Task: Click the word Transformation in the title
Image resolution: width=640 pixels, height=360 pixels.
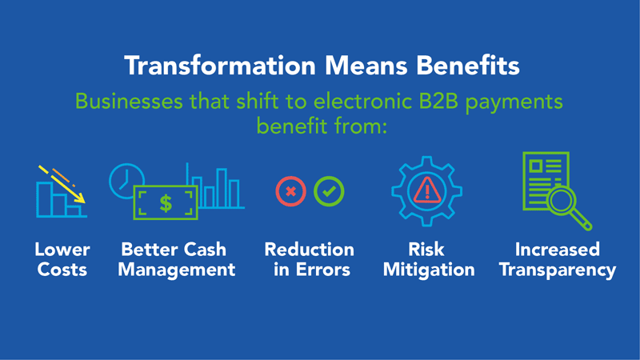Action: [221, 66]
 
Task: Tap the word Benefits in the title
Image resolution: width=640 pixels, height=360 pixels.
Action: [468, 66]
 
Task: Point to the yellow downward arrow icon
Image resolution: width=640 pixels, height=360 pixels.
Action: [62, 184]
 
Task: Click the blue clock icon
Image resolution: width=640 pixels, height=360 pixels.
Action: [126, 181]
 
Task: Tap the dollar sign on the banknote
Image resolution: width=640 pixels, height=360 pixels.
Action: [166, 203]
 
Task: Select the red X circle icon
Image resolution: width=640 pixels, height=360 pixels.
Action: [290, 191]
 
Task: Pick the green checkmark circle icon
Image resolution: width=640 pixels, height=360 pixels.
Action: [329, 191]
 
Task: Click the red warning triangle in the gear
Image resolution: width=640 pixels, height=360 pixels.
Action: [427, 190]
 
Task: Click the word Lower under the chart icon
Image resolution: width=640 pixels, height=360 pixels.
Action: [62, 250]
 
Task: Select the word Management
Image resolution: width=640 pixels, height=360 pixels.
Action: [176, 270]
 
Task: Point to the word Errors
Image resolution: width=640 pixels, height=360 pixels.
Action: [323, 270]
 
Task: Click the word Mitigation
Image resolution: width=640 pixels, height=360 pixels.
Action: [429, 270]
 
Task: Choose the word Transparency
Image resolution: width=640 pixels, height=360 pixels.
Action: [558, 270]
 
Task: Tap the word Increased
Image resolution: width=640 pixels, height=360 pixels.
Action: [558, 250]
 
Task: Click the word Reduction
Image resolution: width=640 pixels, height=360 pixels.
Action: [310, 250]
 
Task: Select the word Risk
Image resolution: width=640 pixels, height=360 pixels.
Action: [426, 250]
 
